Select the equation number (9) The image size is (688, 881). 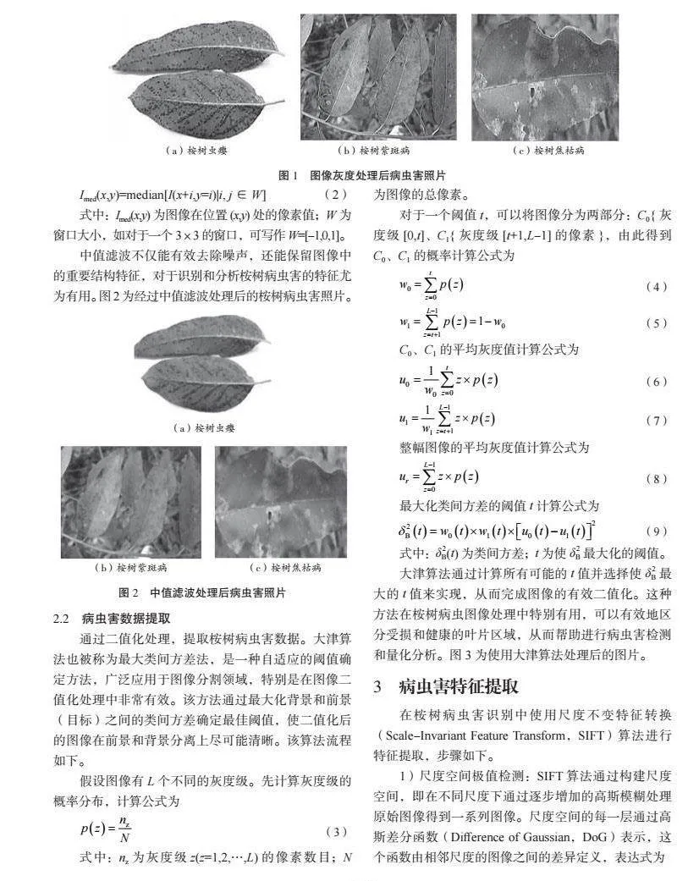point(657,531)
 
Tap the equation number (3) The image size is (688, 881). point(336,832)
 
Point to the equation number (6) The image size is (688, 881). point(657,382)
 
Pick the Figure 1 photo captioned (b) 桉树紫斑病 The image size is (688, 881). point(378,77)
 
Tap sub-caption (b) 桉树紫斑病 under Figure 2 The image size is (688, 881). point(131,566)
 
